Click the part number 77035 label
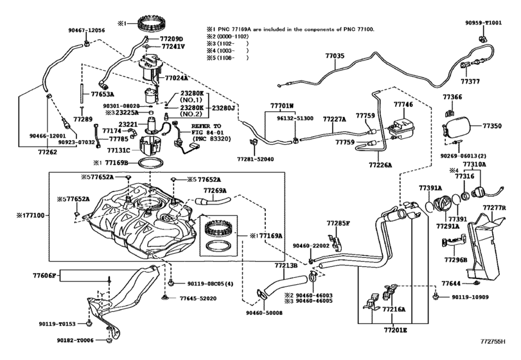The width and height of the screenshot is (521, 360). coord(335,57)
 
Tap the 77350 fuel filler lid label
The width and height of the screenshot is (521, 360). coord(493,127)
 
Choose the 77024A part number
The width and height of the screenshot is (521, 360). coord(176,78)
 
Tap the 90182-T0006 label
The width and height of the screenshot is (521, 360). coord(75,340)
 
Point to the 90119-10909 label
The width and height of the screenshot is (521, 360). coord(470,297)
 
